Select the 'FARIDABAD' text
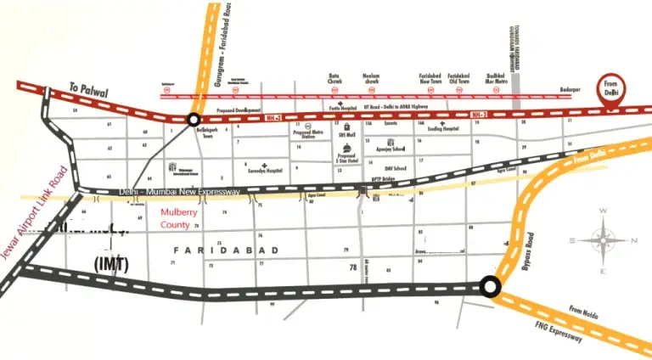coord(211,250)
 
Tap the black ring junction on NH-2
coord(194,120)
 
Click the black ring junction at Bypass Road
coord(490,286)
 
